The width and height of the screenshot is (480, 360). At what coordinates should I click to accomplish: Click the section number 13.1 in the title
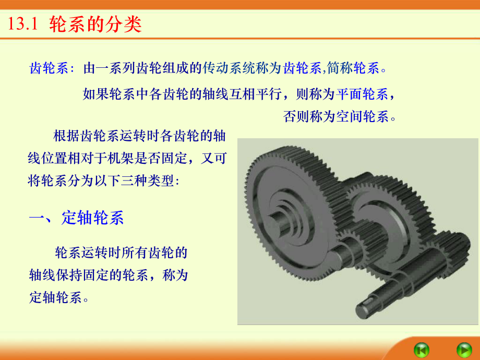click(21, 25)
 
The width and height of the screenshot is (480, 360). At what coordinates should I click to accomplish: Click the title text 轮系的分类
click(95, 25)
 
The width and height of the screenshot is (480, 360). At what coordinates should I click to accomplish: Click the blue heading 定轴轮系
click(93, 218)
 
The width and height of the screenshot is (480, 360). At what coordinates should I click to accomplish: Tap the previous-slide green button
click(421, 348)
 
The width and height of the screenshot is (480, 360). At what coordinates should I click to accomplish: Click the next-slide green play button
click(463, 348)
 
